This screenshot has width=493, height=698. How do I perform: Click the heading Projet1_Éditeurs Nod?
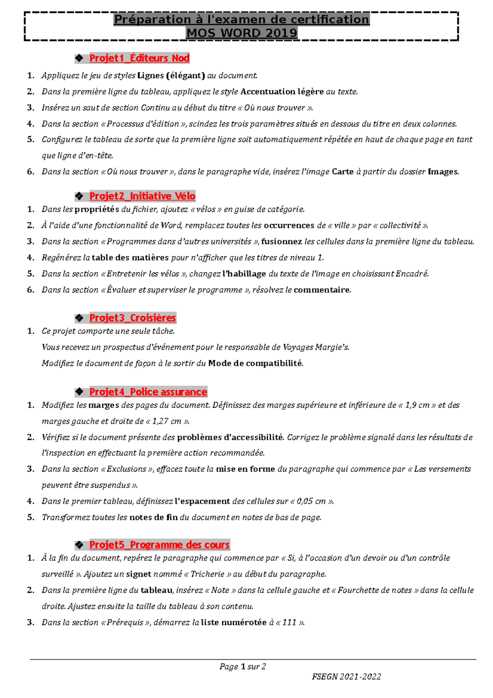(x=139, y=58)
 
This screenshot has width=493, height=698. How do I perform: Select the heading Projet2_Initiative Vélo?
(x=142, y=196)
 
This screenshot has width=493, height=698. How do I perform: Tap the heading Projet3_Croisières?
(x=132, y=318)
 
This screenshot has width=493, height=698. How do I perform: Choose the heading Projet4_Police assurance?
(x=148, y=392)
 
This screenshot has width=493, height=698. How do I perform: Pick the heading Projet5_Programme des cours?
(x=159, y=545)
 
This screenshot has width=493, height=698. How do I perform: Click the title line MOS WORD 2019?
(x=242, y=33)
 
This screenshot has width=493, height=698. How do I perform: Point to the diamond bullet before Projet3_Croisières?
(x=79, y=318)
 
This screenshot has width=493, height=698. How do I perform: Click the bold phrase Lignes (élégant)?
(x=171, y=76)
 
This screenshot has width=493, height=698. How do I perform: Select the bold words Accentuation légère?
(x=282, y=92)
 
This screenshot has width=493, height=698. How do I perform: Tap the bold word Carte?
(x=343, y=172)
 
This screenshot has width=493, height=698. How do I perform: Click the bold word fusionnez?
(x=282, y=242)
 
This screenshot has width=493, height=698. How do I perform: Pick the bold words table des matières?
(x=130, y=258)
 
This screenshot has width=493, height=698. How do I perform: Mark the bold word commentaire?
(x=322, y=290)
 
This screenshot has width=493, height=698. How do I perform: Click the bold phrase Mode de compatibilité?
(x=255, y=363)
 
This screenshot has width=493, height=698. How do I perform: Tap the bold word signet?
(x=138, y=574)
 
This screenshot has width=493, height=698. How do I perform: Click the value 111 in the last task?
(x=289, y=623)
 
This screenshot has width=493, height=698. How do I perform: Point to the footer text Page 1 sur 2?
(x=242, y=667)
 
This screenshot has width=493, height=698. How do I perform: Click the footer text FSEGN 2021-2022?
(x=346, y=677)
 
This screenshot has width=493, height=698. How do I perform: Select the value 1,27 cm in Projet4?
(x=167, y=421)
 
